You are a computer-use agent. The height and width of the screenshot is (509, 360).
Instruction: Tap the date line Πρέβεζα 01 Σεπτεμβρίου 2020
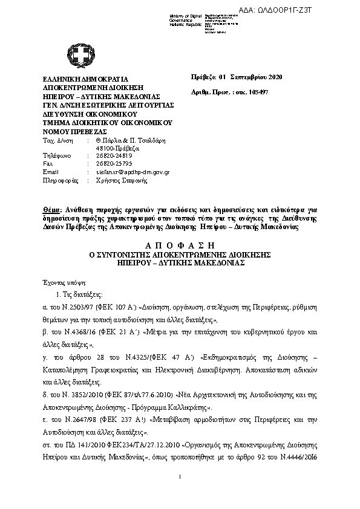pos(237,77)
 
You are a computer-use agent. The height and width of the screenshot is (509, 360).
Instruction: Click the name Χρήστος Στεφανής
pos(119,180)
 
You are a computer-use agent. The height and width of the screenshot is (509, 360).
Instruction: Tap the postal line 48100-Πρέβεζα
pos(117,148)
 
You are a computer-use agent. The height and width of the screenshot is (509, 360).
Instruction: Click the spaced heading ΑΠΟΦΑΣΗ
pos(180,245)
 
